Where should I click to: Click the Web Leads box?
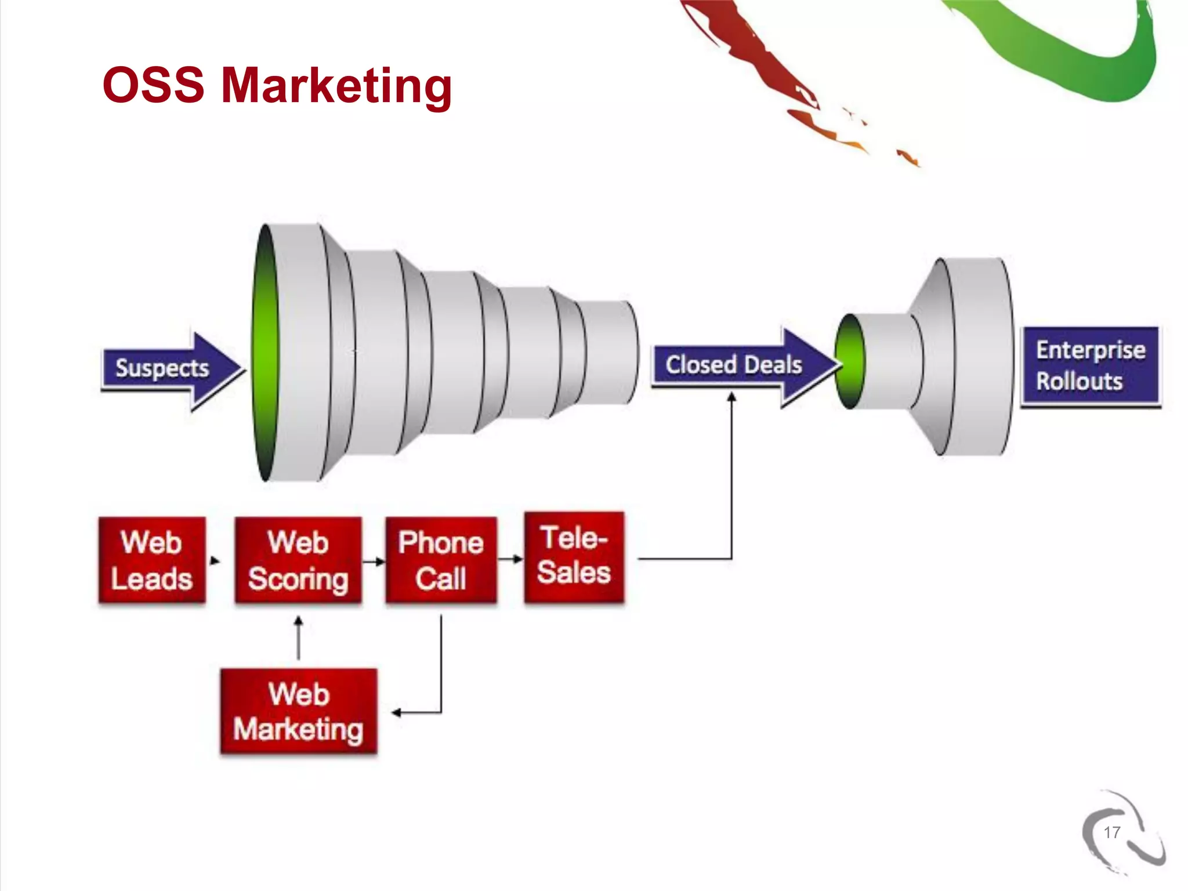coord(152,560)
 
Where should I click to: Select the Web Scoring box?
coord(298,560)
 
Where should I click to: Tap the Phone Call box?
coord(441,560)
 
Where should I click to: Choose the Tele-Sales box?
coord(574,557)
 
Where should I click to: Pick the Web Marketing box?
coord(299,711)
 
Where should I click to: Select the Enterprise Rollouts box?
coord(1091,366)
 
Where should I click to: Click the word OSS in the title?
coord(154,85)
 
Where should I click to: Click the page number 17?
coord(1111,832)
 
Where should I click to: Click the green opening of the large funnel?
coord(265,353)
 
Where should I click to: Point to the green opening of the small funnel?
coord(850,361)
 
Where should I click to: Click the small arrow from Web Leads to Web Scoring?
coord(215,561)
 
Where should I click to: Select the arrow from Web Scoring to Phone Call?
coord(374,562)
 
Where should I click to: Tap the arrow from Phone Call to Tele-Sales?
coord(511,559)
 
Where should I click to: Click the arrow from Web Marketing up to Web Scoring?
coord(298,638)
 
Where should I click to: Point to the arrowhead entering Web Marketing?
coord(397,712)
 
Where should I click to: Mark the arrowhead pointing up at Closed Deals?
coord(731,397)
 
